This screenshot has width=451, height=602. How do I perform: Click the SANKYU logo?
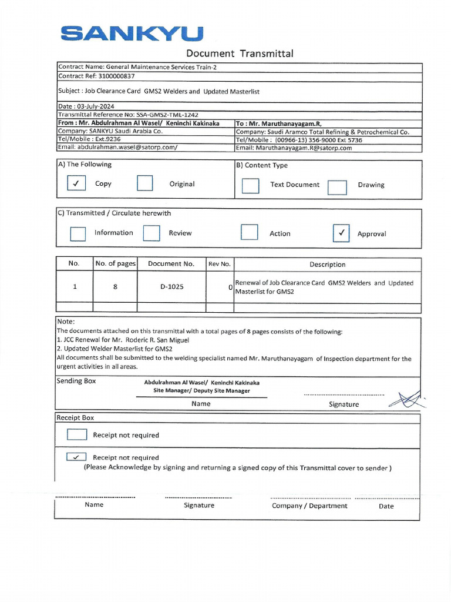[132, 34]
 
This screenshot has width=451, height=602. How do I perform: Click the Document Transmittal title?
[240, 54]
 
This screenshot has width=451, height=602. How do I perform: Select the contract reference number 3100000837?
[113, 76]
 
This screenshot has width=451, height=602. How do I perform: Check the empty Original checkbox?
[145, 184]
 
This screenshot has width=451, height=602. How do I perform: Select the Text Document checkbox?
[250, 186]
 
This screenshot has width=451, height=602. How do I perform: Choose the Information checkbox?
[78, 233]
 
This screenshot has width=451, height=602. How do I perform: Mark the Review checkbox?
[152, 233]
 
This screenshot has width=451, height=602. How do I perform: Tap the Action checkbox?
[250, 232]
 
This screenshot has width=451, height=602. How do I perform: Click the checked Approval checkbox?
[341, 233]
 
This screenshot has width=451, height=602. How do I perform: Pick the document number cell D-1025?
[172, 287]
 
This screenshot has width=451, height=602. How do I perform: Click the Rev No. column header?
[220, 264]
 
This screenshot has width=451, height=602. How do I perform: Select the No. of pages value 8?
[115, 287]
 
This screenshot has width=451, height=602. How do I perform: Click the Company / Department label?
[309, 506]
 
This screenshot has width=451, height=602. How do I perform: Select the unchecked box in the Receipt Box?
[76, 435]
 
